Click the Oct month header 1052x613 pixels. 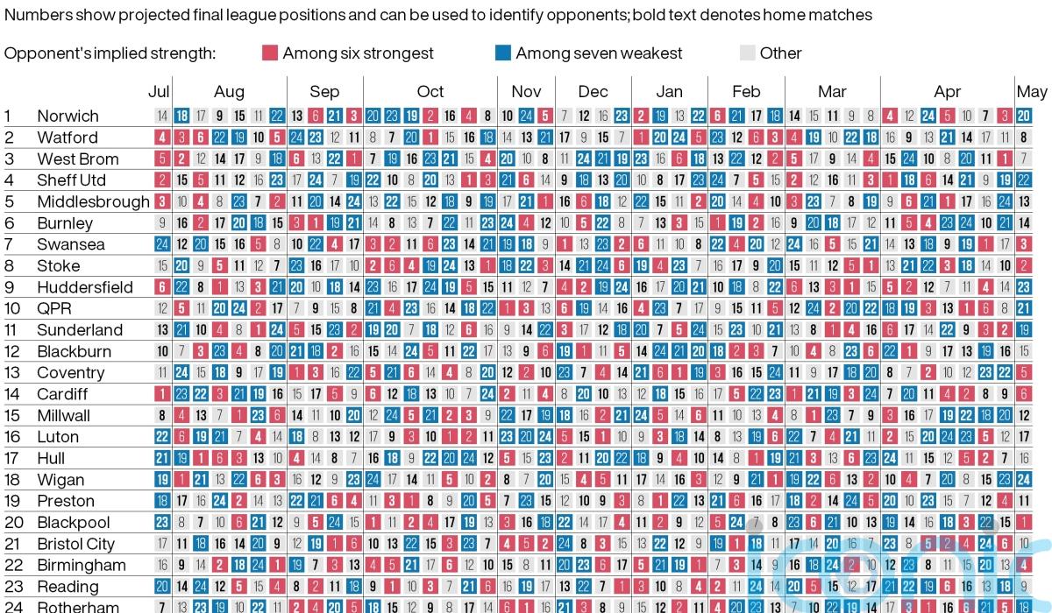coord(430,91)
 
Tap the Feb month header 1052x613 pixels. coord(746,91)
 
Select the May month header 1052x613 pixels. coord(1032,91)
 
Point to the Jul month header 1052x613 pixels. coord(160,91)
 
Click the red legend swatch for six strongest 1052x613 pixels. coord(269,53)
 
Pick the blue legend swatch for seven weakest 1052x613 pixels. coord(502,53)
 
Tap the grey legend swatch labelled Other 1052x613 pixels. coord(747,53)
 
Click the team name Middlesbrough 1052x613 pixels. coord(93,201)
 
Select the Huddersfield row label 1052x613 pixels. coord(85,287)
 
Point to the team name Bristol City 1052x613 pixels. coord(75,544)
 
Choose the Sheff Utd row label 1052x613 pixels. coord(71,180)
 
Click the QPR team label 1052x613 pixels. coord(54,308)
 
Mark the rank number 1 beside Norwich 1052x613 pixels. coord(8,116)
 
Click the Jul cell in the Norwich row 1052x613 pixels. coord(162,116)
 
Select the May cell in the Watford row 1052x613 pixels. coord(1023,137)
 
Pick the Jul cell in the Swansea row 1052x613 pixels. coord(162,244)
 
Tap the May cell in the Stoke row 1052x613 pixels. coord(1023,265)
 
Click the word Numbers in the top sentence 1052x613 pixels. coord(34,15)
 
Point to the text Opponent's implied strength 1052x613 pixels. coord(110,53)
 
